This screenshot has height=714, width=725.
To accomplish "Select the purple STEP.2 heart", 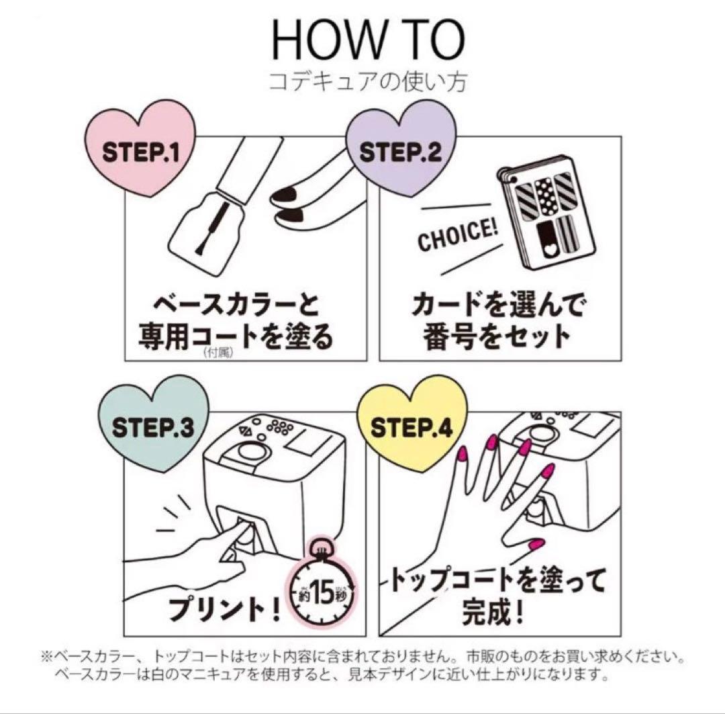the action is point(401,147).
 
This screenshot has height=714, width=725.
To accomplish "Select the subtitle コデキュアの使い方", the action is point(368,82).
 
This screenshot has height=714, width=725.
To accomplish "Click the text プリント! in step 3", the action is point(225,607).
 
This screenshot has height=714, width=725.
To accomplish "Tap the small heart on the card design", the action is point(549,250).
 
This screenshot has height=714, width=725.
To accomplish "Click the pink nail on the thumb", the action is point(536,543).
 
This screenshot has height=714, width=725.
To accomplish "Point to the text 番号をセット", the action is point(497,337).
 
